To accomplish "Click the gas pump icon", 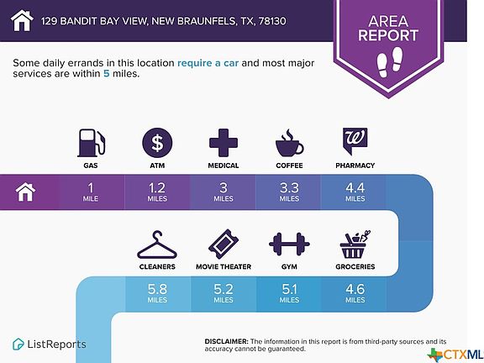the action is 91,143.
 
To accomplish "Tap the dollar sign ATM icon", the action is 157,143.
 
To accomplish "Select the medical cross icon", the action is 224,143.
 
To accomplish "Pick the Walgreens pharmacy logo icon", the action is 355,141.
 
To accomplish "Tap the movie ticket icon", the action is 224,245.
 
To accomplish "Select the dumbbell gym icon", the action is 289,245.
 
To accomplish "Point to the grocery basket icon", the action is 355,245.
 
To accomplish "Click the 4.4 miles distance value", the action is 355,192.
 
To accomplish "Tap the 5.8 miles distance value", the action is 157,293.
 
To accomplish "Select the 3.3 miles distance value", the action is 289,192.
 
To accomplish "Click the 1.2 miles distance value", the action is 157,192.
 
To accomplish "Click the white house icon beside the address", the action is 22,20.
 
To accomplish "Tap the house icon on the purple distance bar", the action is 25,192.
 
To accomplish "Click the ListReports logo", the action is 50,345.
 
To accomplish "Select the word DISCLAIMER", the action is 226,341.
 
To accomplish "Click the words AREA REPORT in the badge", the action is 388,28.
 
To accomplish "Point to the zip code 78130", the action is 272,21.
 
